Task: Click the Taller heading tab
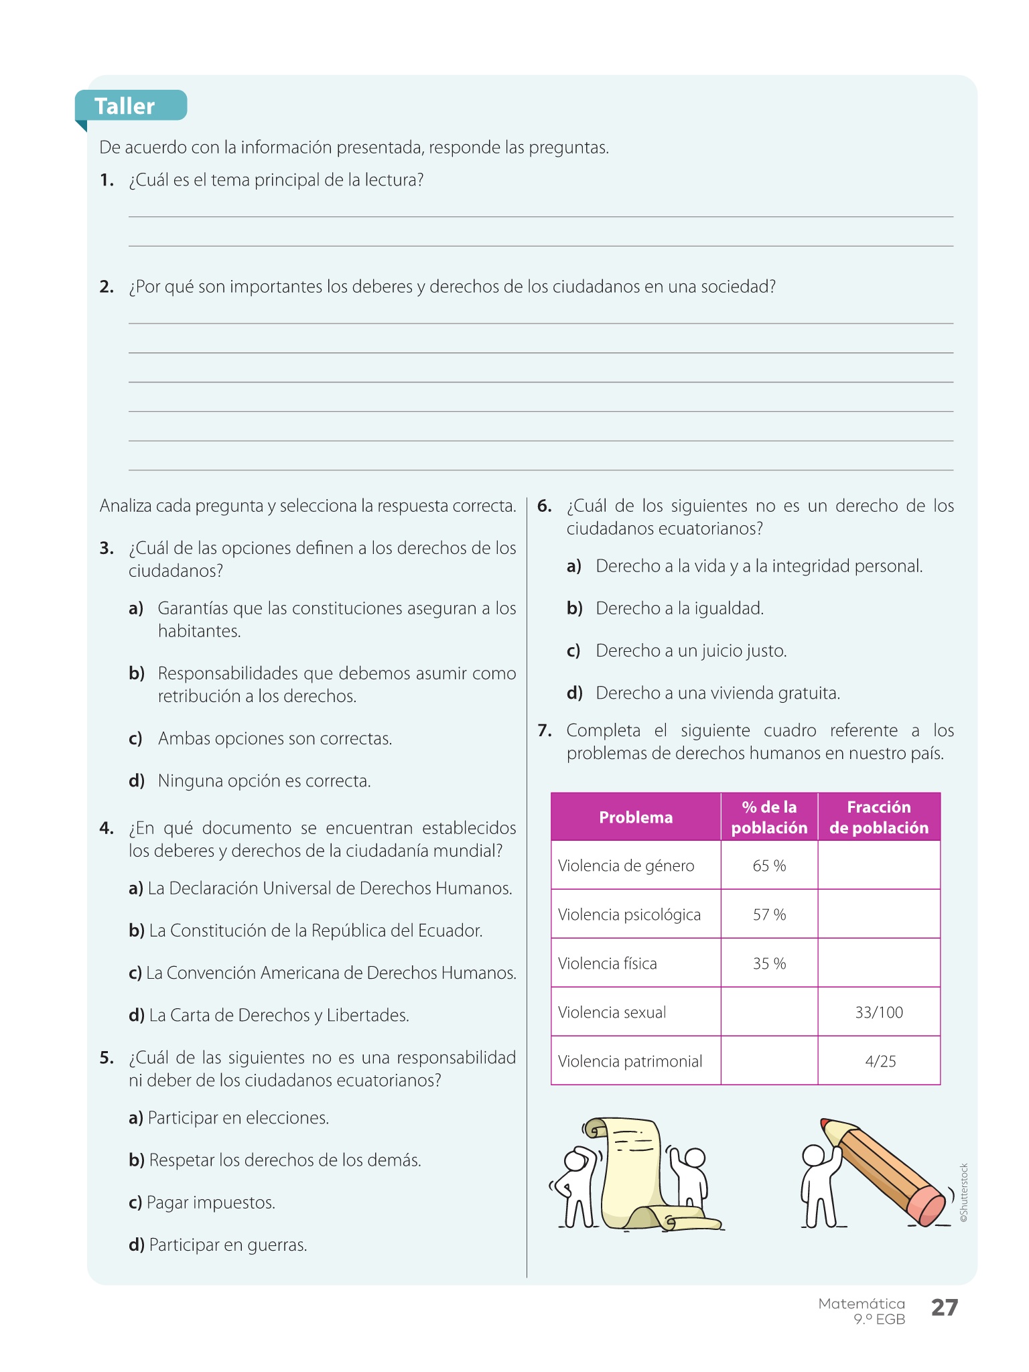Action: [x=125, y=106]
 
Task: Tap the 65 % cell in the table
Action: [x=769, y=866]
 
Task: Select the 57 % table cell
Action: [x=769, y=914]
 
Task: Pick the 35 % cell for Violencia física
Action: [x=769, y=963]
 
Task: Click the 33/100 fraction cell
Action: [x=879, y=1012]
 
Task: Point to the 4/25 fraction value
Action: [x=880, y=1061]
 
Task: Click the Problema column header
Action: [x=636, y=817]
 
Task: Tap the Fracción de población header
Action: [x=879, y=817]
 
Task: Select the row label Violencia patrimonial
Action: [x=630, y=1061]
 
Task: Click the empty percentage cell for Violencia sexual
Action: [x=769, y=1012]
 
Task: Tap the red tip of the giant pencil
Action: [x=825, y=1121]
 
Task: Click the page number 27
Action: [x=945, y=1307]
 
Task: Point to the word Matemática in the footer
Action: [x=862, y=1304]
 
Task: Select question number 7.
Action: [x=545, y=730]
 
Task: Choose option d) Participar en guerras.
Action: [x=218, y=1245]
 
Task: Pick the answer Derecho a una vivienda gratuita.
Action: [x=717, y=693]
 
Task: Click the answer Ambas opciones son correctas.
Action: [x=275, y=738]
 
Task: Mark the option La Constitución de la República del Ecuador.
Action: [x=306, y=931]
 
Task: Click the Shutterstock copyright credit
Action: [x=964, y=1192]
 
